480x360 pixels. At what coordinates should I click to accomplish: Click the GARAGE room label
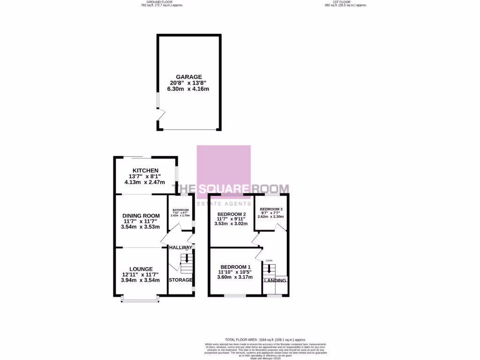click(x=189, y=77)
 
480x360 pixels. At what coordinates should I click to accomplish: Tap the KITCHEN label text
click(x=145, y=171)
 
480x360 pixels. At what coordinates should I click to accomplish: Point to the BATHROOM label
click(x=180, y=210)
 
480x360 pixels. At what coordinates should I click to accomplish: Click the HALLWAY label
click(x=180, y=247)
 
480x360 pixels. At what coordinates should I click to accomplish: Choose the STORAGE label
click(x=180, y=280)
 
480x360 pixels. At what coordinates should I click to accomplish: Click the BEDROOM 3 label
click(x=271, y=209)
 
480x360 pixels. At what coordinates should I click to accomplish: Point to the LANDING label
click(x=275, y=280)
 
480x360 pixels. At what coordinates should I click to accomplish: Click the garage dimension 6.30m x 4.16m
click(x=189, y=89)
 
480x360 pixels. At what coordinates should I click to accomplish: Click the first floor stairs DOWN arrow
click(x=269, y=269)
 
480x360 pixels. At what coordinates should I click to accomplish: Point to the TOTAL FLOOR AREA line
click(x=265, y=339)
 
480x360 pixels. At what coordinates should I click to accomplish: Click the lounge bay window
click(x=138, y=299)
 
